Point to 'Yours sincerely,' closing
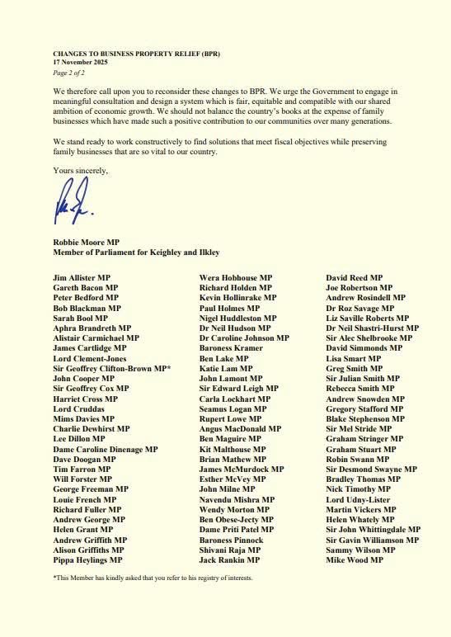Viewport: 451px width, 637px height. pyautogui.click(x=80, y=170)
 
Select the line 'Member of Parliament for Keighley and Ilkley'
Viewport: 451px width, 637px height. pyautogui.click(x=136, y=252)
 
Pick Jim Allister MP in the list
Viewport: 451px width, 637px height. pyautogui.click(x=83, y=278)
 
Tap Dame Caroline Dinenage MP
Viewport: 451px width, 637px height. pyautogui.click(x=106, y=449)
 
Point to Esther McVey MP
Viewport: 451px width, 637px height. pyautogui.click(x=233, y=479)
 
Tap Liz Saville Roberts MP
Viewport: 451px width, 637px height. pyautogui.click(x=367, y=318)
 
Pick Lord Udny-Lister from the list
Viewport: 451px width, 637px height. pyautogui.click(x=358, y=499)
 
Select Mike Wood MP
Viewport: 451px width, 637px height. pyautogui.click(x=355, y=559)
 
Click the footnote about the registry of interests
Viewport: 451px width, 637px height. pyautogui.click(x=153, y=578)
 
